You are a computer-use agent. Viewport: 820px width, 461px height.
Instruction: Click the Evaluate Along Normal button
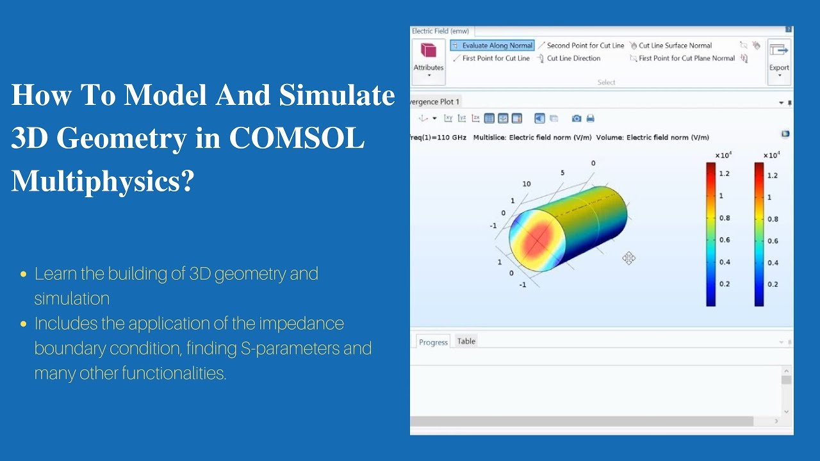pos(492,45)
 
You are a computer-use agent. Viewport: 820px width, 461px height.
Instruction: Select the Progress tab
pos(433,342)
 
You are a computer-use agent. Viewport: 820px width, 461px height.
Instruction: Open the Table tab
pos(466,341)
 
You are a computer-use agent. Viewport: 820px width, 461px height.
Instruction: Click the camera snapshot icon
pos(577,118)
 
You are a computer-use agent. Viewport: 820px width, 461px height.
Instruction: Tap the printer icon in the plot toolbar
pos(591,118)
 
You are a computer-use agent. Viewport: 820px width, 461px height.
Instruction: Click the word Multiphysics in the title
pos(102,182)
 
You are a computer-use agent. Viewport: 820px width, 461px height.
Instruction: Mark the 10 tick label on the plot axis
pos(527,184)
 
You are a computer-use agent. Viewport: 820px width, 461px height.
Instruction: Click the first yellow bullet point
pos(24,274)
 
